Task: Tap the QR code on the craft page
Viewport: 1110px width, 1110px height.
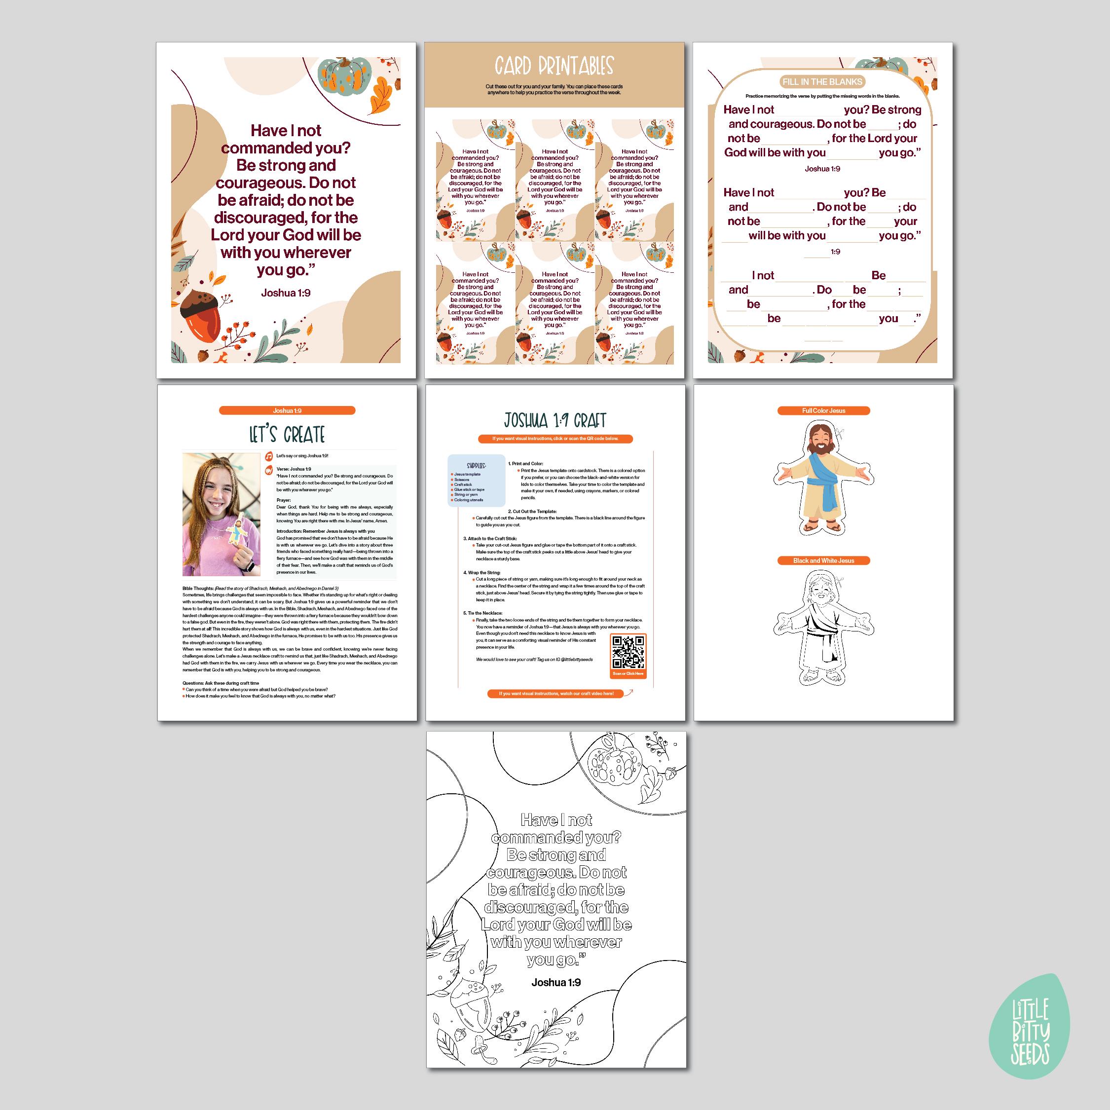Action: tap(628, 652)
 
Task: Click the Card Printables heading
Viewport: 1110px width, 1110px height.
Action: tap(554, 66)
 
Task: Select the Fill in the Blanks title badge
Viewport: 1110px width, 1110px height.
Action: tap(822, 81)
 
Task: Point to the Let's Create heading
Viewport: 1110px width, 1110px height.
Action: tap(287, 435)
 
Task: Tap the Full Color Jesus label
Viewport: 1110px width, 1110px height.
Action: tap(823, 411)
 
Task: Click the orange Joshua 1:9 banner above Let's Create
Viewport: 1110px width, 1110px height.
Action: tap(287, 411)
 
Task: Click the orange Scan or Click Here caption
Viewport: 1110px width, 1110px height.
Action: tap(628, 673)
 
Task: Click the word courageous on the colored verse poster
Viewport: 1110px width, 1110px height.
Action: tap(286, 183)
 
